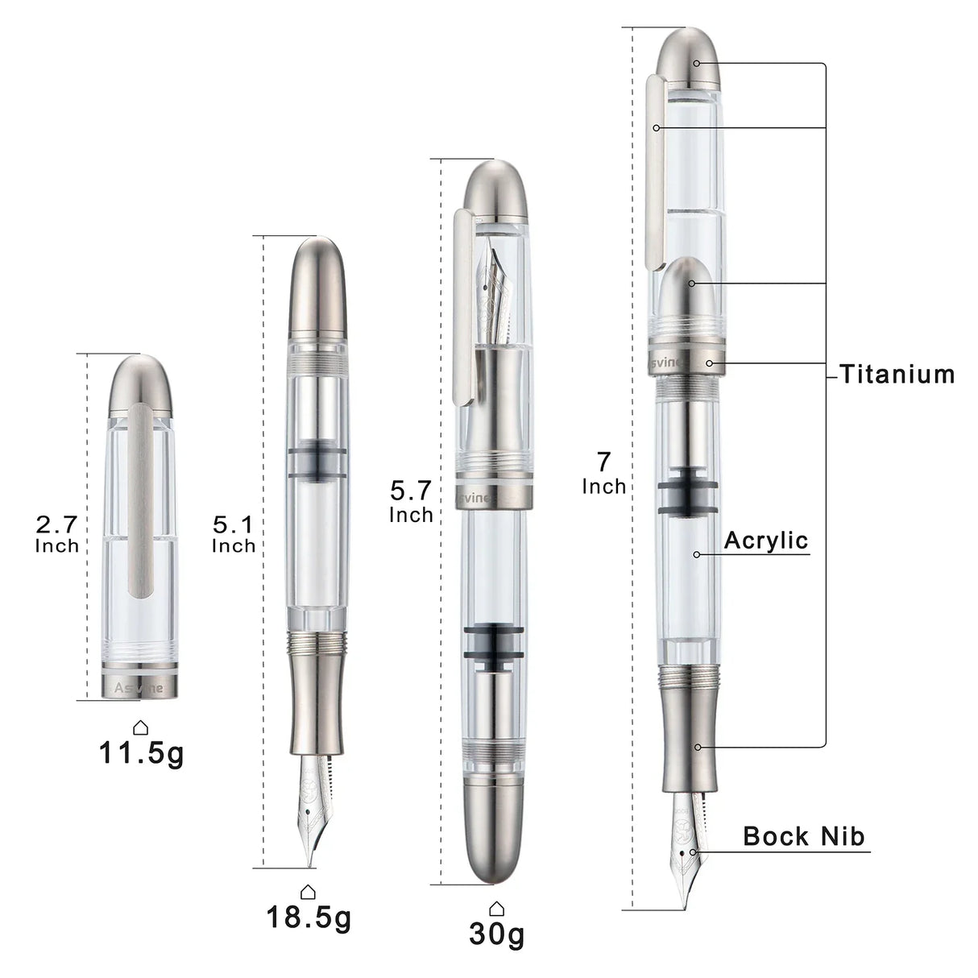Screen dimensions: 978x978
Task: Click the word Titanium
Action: click(x=897, y=375)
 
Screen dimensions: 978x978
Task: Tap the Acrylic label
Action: click(x=765, y=541)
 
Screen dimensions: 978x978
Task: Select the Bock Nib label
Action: click(x=803, y=836)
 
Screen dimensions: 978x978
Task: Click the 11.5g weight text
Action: click(x=141, y=753)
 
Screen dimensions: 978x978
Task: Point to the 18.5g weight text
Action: click(x=309, y=917)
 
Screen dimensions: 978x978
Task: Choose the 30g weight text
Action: click(x=496, y=934)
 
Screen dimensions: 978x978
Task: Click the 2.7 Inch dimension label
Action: click(x=57, y=534)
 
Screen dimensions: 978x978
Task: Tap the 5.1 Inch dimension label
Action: click(x=234, y=534)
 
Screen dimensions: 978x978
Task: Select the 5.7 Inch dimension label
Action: click(x=411, y=500)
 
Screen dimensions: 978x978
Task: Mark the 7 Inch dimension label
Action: click(x=603, y=473)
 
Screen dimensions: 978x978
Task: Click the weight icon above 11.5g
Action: click(x=141, y=727)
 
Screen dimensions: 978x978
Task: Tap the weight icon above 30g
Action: click(x=496, y=908)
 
